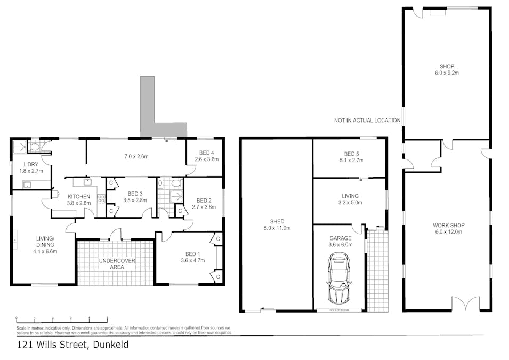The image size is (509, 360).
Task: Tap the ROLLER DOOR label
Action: (339, 310)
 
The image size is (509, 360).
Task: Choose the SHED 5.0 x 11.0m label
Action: (276, 225)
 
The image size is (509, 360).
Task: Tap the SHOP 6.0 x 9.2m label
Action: (447, 69)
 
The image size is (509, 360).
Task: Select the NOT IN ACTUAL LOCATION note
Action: (367, 121)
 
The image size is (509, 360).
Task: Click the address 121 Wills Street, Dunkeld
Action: (72, 345)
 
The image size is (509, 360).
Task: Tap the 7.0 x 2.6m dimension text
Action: (136, 157)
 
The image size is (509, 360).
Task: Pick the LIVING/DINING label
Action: (45, 245)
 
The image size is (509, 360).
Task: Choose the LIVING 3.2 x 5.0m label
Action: (350, 199)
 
